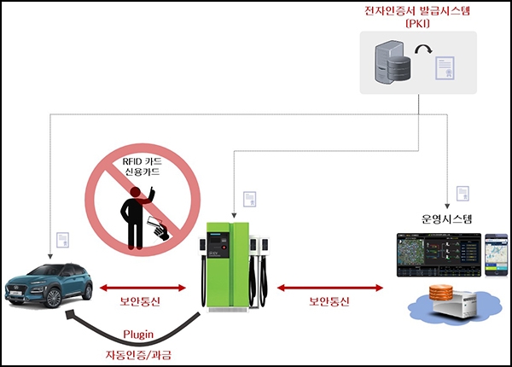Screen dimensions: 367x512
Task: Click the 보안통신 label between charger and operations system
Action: [328, 302]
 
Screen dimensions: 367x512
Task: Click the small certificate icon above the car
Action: [64, 242]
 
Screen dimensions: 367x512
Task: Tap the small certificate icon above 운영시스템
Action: [462, 192]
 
